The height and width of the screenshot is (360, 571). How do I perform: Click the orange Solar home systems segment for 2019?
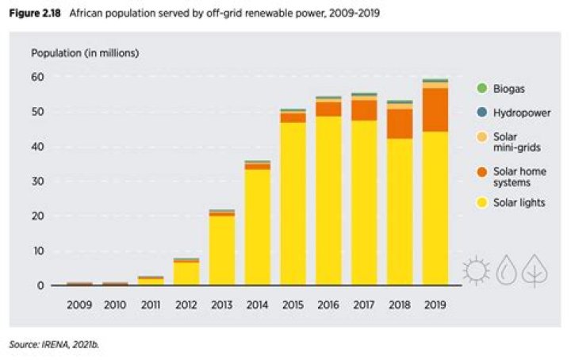(435, 109)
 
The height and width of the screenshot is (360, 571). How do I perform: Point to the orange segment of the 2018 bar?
(399, 124)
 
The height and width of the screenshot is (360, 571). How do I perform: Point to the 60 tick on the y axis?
(38, 77)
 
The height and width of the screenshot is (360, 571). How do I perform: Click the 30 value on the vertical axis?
(38, 182)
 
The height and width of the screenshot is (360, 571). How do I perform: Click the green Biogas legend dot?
(481, 88)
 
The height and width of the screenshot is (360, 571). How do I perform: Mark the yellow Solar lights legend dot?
(481, 202)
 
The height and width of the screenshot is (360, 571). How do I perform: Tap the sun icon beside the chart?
(477, 271)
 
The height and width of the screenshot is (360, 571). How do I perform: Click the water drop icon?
(508, 271)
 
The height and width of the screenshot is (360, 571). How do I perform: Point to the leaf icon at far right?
(537, 270)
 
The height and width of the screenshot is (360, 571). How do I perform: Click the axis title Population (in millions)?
(85, 53)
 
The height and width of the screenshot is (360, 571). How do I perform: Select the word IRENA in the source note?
(54, 344)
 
